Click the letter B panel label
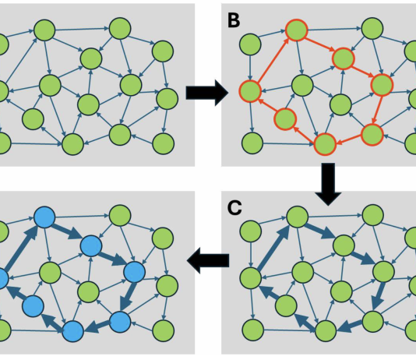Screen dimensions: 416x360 (x=234, y=20)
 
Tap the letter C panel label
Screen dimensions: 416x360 (x=234, y=208)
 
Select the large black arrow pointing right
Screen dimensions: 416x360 (x=207, y=93)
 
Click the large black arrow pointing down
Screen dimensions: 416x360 (x=328, y=184)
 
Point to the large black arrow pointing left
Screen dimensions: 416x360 (x=208, y=260)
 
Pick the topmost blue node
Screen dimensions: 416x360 (x=44, y=217)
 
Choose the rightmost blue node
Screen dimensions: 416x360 (x=135, y=272)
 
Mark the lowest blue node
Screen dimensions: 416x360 (x=73, y=331)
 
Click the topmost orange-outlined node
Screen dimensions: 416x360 (x=297, y=30)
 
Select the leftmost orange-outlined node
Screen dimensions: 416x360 (x=250, y=91)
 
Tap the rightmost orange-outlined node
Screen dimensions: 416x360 (x=382, y=85)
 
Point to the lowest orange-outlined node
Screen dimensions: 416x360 (x=325, y=145)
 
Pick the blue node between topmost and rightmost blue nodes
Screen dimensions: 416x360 (x=91, y=245)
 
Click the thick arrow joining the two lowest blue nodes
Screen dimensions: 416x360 (x=98, y=326)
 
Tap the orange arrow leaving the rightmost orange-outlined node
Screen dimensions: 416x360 (x=377, y=110)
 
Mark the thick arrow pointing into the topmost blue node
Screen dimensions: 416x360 (x=21, y=247)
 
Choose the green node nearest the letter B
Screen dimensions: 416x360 (x=250, y=44)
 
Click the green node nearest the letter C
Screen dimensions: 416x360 (x=250, y=231)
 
